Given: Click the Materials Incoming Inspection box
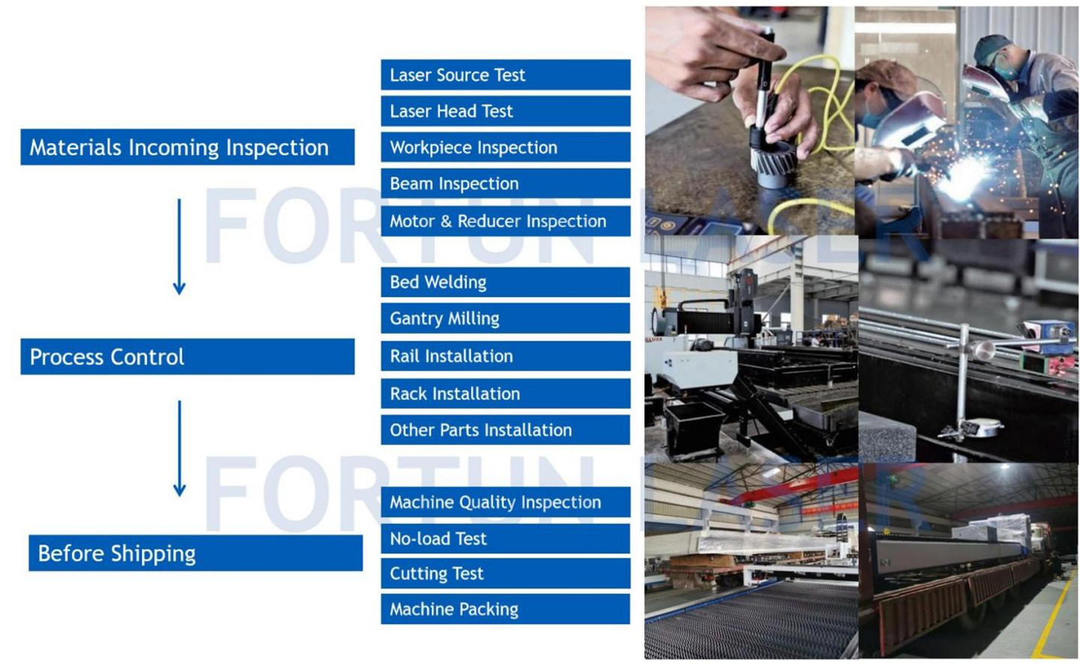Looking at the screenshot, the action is pyautogui.click(x=187, y=146).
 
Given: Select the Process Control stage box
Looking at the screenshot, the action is pyautogui.click(x=187, y=357).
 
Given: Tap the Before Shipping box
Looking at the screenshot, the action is pyautogui.click(x=195, y=553).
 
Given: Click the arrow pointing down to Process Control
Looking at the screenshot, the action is pyautogui.click(x=179, y=247).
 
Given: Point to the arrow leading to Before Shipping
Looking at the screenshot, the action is pyautogui.click(x=179, y=448).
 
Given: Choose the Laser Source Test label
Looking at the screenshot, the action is pyautogui.click(x=505, y=75).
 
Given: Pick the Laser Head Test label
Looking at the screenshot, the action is pyautogui.click(x=505, y=111).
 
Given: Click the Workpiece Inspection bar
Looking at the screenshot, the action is pyautogui.click(x=505, y=147).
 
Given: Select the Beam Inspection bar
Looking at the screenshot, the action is pyautogui.click(x=505, y=183).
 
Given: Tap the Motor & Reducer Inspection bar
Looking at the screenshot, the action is pyautogui.click(x=505, y=221).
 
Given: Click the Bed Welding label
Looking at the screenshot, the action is pyautogui.click(x=505, y=281).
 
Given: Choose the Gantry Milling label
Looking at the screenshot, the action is pyautogui.click(x=505, y=318).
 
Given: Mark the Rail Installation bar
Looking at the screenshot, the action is pyautogui.click(x=505, y=357).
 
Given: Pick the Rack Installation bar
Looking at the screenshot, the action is pyautogui.click(x=505, y=393).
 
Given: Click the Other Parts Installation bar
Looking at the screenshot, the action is pyautogui.click(x=505, y=429).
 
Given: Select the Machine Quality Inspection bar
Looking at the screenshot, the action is pyautogui.click(x=505, y=502).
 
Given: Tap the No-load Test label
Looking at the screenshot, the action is pyautogui.click(x=505, y=539).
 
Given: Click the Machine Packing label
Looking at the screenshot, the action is pyautogui.click(x=505, y=609).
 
